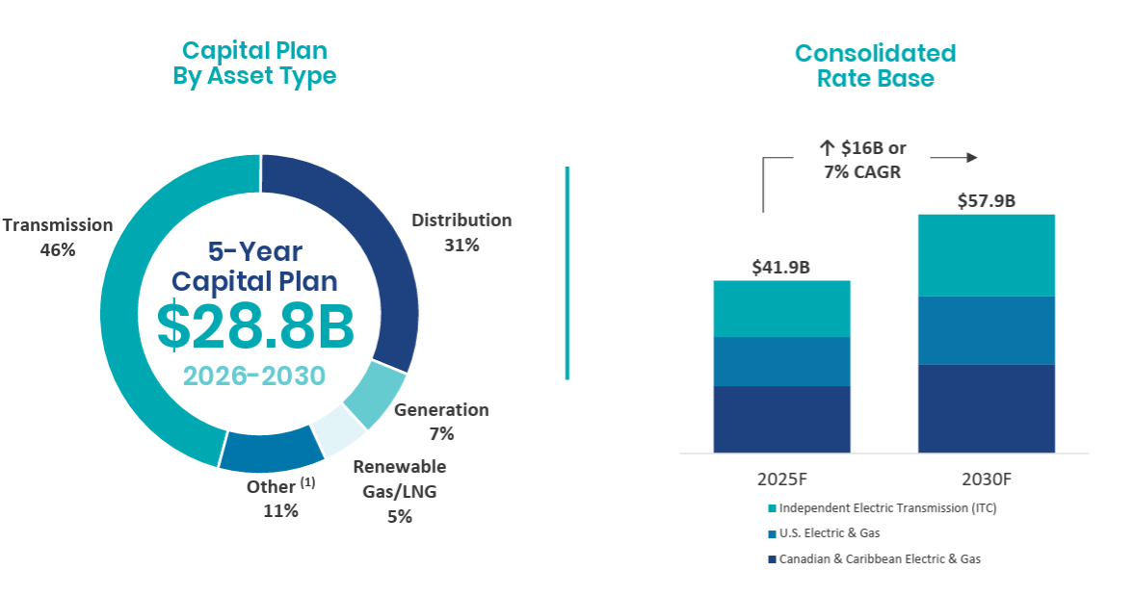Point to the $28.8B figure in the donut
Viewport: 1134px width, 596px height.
pyautogui.click(x=256, y=326)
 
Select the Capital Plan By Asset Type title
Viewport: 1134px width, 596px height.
pyautogui.click(x=254, y=64)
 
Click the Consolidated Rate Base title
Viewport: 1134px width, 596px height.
pyautogui.click(x=875, y=65)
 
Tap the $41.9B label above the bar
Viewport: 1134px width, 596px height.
pyautogui.click(x=781, y=267)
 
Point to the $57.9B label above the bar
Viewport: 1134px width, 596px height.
pyautogui.click(x=986, y=201)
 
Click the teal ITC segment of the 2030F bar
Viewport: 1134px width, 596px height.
pyautogui.click(x=986, y=255)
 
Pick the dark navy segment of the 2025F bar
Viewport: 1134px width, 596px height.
pyautogui.click(x=781, y=419)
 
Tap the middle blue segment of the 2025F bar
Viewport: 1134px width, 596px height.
pyautogui.click(x=781, y=361)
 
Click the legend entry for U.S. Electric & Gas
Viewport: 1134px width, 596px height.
pyautogui.click(x=829, y=533)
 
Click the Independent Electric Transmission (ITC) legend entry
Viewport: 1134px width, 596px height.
pyautogui.click(x=886, y=508)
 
